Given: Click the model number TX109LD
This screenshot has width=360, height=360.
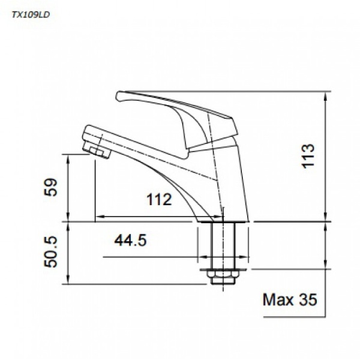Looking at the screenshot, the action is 31,15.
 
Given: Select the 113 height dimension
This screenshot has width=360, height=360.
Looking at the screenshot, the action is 308,156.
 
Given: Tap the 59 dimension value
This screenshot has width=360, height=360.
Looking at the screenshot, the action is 50,187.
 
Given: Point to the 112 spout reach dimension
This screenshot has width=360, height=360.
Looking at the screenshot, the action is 159,199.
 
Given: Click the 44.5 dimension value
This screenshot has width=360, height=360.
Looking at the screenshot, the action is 130,241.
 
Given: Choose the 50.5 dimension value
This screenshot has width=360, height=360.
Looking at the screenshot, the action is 50,251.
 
